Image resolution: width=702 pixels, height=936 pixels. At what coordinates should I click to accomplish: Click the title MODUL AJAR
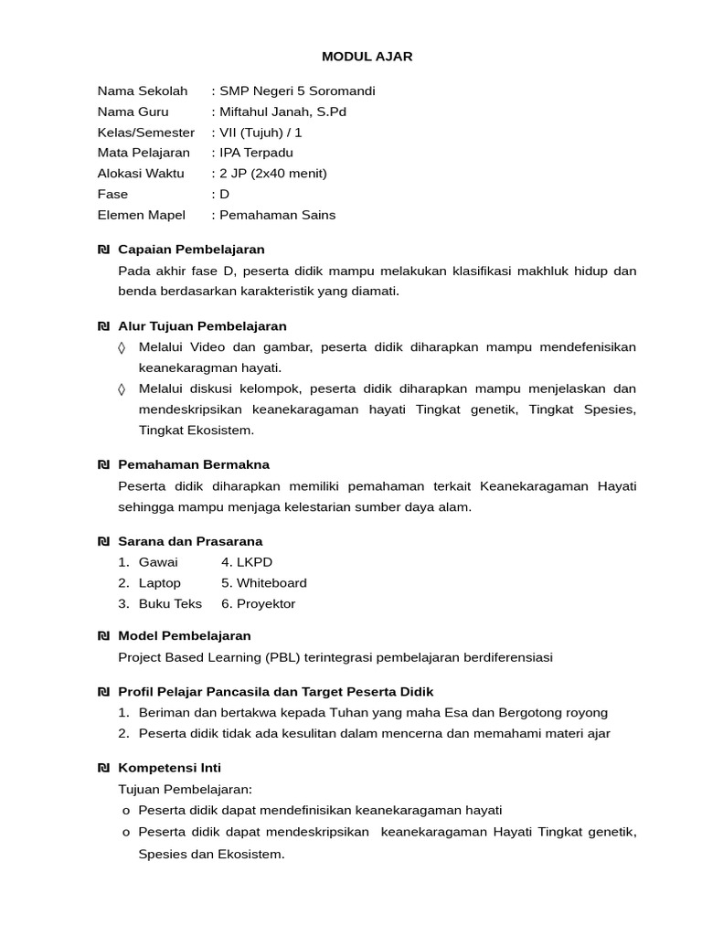point(367,57)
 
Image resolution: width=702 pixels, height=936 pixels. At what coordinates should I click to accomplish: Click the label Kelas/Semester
point(145,133)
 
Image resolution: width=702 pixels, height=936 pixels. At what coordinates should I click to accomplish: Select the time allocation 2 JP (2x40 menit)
point(271,174)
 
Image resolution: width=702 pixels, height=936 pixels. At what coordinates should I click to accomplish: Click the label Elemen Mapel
point(141,215)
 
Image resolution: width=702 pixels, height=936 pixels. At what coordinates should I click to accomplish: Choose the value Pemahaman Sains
point(277,215)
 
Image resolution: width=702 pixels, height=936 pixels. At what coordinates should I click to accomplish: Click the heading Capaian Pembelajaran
point(191,249)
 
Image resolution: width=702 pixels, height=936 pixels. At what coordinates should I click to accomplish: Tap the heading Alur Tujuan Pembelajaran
point(202,325)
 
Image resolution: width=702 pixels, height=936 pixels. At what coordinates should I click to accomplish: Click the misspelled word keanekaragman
point(185,367)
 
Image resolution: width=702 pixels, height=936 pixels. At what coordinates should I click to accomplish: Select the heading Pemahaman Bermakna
point(194,464)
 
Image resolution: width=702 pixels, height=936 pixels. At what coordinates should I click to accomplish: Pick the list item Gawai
point(158,562)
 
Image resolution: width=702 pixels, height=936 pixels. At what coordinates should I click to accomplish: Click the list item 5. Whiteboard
point(264,583)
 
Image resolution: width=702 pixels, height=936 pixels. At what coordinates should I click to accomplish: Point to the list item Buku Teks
point(170,604)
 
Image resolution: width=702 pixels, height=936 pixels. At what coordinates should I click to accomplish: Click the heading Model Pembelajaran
point(185,635)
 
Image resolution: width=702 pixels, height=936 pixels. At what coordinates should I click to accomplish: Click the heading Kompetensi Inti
point(169,768)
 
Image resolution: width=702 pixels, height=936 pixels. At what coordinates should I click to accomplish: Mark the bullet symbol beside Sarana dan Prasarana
point(103,541)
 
